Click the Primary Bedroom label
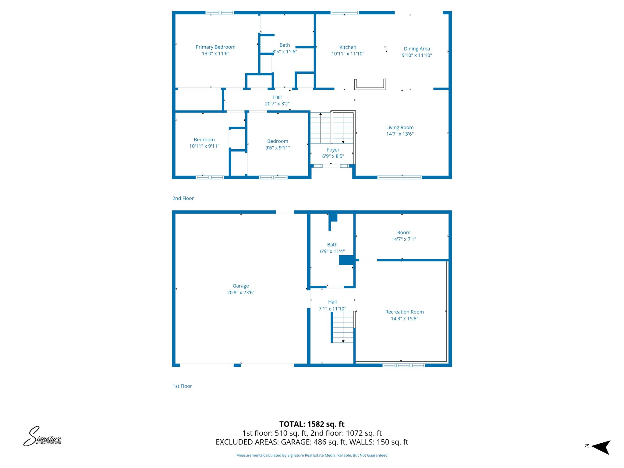point(215,47)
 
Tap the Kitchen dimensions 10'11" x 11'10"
point(348,54)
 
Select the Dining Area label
point(417,49)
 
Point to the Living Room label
point(400,127)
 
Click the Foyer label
point(333,150)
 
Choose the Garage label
point(241,286)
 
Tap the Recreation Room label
point(404,312)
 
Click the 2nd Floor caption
point(183,198)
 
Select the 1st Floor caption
point(182,386)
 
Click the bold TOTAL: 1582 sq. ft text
point(312,424)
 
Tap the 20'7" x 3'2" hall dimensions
point(277,104)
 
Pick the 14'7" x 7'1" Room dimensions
point(404,239)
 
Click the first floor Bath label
point(332,245)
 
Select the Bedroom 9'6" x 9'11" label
point(278,141)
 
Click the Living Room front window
point(399,177)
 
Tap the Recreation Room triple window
point(404,365)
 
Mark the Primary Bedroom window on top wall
point(220,13)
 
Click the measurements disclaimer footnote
point(312,456)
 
